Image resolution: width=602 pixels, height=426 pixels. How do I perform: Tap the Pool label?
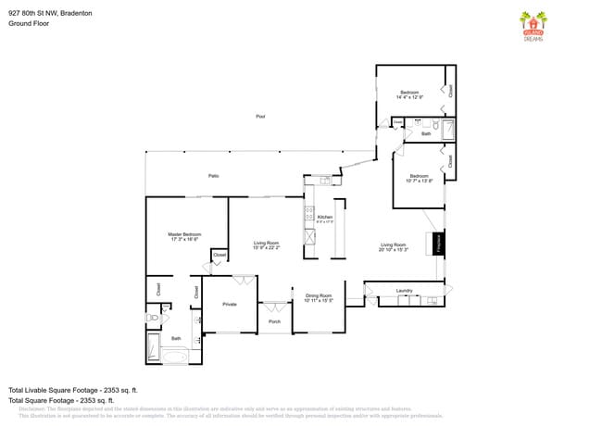(x=260, y=117)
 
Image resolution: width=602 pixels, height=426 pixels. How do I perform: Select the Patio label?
(x=213, y=175)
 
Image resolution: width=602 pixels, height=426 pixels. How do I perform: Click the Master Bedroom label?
(x=184, y=236)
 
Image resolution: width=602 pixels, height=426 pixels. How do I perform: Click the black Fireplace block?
(x=439, y=243)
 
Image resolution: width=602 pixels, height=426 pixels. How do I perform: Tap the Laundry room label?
(x=404, y=291)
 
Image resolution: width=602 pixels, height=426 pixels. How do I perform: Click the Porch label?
(x=274, y=321)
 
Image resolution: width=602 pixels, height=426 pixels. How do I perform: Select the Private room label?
(x=229, y=304)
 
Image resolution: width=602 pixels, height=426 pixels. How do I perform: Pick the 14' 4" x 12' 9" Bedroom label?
(x=409, y=94)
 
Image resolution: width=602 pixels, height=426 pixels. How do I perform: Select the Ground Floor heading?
(x=28, y=24)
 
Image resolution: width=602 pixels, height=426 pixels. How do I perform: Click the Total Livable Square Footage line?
(x=72, y=390)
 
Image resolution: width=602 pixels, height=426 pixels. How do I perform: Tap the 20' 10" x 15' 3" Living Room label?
(x=394, y=247)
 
